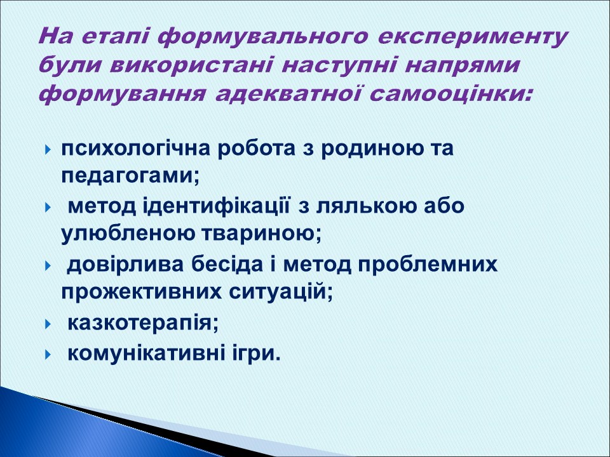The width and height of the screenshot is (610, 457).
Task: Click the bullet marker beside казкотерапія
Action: [x=48, y=323]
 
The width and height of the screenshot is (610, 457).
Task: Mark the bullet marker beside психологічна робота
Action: [x=48, y=150]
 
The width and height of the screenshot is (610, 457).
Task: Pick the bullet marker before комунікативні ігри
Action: [x=48, y=354]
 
